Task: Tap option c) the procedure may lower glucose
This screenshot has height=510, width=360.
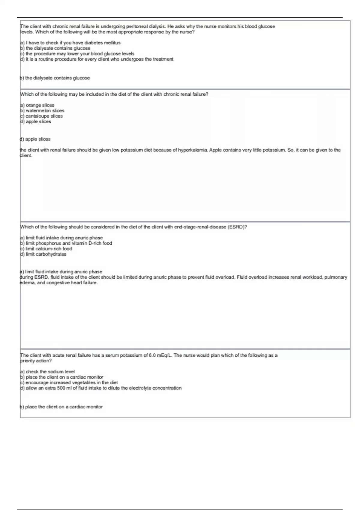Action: (x=77, y=54)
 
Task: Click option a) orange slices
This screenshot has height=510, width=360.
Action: (x=37, y=105)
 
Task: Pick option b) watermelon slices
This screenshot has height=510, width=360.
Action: (x=42, y=110)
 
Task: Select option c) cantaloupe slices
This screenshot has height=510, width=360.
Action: (x=41, y=116)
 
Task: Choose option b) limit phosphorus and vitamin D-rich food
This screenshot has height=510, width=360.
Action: (x=66, y=243)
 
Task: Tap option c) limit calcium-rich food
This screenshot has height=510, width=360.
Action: (x=46, y=249)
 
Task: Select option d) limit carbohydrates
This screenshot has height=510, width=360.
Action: (x=43, y=254)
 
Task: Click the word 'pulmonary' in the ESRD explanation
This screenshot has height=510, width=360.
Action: (x=336, y=277)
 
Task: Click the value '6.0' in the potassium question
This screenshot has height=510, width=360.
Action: (x=152, y=355)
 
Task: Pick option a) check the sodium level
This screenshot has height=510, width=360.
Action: (x=47, y=371)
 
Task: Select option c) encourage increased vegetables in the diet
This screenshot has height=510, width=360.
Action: (x=69, y=382)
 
